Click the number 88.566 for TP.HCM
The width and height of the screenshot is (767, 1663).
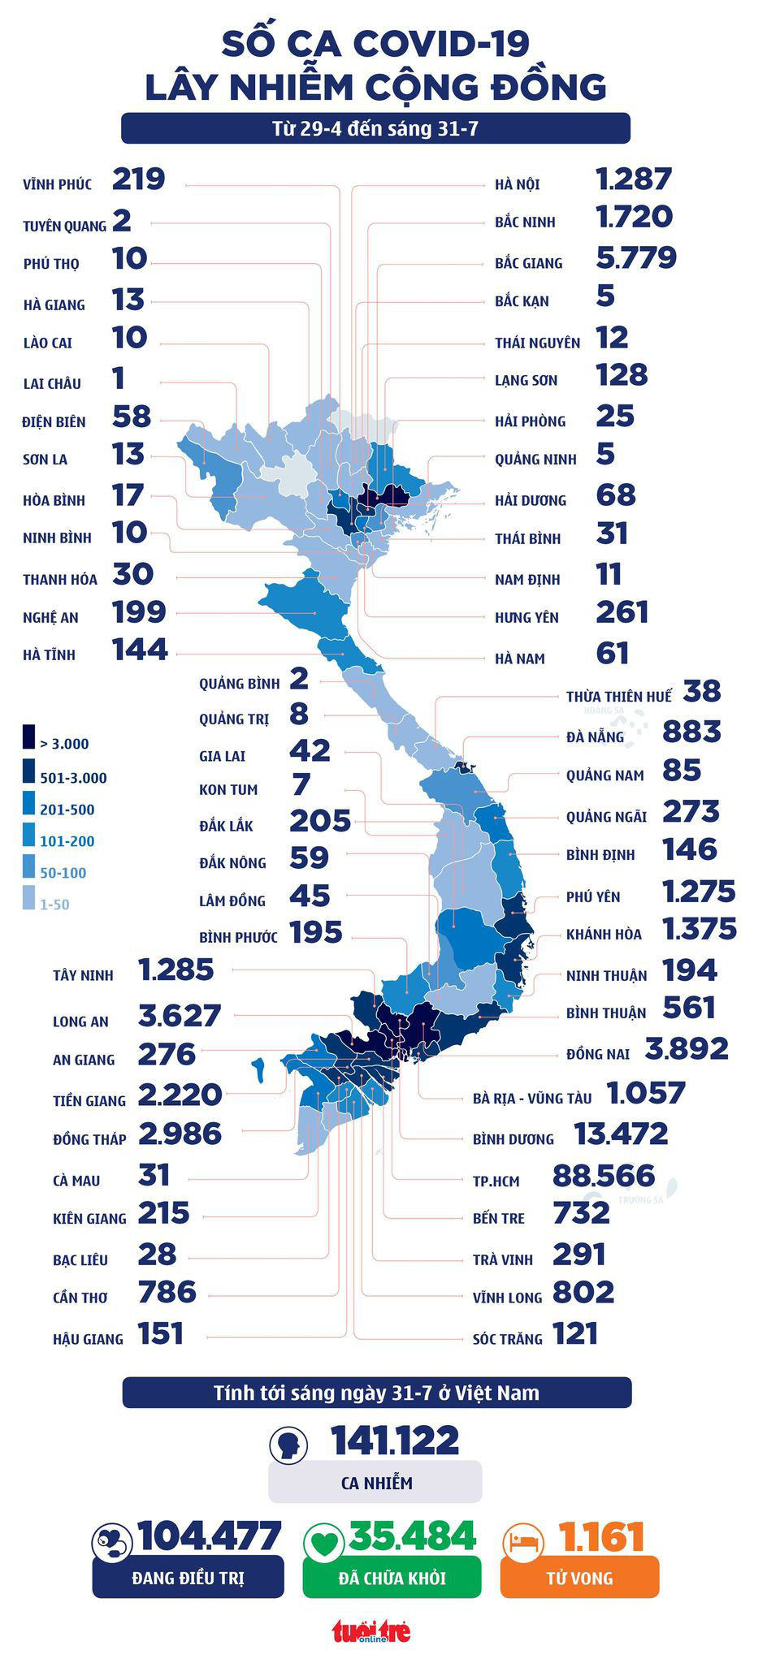(603, 1176)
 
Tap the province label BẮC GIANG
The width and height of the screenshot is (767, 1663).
(528, 263)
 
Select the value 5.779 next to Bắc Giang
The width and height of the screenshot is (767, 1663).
(635, 258)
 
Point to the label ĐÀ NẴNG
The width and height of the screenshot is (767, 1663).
(595, 737)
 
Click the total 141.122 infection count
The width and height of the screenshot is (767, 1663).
(395, 1441)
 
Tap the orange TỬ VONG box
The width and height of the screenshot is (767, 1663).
(579, 1579)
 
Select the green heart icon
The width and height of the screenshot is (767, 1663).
(324, 1540)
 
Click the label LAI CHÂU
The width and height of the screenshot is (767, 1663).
(52, 384)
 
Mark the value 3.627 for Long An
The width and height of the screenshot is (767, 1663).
(180, 1016)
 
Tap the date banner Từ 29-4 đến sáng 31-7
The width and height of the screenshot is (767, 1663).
(375, 128)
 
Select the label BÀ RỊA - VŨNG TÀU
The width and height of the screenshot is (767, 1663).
(532, 1099)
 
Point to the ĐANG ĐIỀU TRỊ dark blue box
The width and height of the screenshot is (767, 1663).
(188, 1579)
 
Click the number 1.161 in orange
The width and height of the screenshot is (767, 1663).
(601, 1537)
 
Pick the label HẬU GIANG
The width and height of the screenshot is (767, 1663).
(88, 1339)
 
